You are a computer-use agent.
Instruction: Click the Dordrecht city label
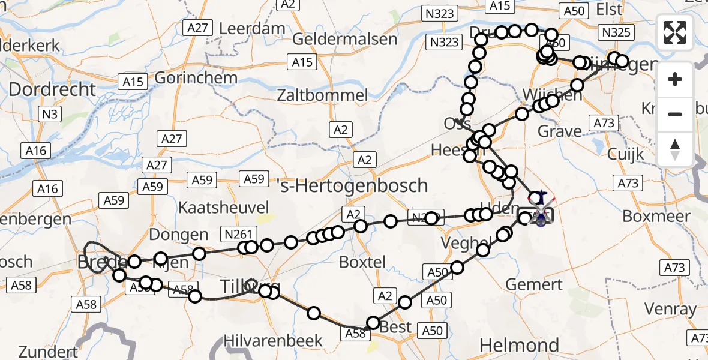point(52,90)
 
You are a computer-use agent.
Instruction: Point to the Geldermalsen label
point(345,40)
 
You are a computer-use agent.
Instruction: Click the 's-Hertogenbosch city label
point(354,185)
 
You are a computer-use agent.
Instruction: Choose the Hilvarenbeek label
point(273,341)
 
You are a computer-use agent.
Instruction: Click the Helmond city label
point(520,345)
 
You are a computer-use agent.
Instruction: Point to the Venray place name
point(670,310)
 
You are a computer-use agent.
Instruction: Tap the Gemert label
point(535,284)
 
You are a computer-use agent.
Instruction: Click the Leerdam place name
point(252,28)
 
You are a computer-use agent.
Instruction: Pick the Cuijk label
point(625,154)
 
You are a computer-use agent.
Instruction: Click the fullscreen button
point(675,32)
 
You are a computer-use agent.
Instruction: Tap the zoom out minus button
point(675,114)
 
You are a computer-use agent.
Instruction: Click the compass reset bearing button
point(675,149)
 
